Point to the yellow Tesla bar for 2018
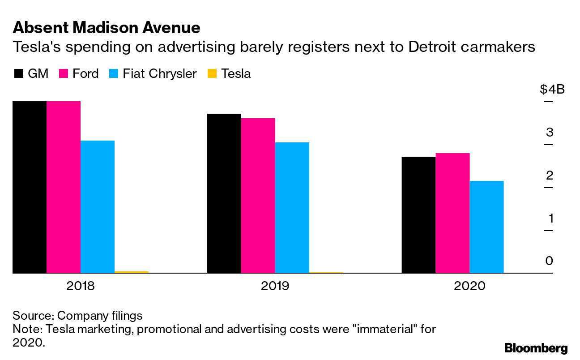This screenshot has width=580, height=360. pyautogui.click(x=131, y=272)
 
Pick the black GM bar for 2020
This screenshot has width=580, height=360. pyautogui.click(x=418, y=214)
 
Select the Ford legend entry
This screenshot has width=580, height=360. pyautogui.click(x=85, y=74)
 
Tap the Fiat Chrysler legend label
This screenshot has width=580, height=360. pyautogui.click(x=160, y=74)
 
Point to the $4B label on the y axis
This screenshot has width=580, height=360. pyautogui.click(x=552, y=90)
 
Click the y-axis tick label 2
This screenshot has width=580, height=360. pyautogui.click(x=550, y=176)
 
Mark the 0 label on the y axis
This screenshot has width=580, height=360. pyautogui.click(x=550, y=261)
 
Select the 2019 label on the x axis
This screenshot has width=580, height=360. pyautogui.click(x=275, y=286)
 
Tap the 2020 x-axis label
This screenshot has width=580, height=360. pyautogui.click(x=469, y=286)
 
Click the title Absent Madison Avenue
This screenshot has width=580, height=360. pyautogui.click(x=107, y=28)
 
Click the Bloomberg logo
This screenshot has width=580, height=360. pyautogui.click(x=536, y=348)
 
